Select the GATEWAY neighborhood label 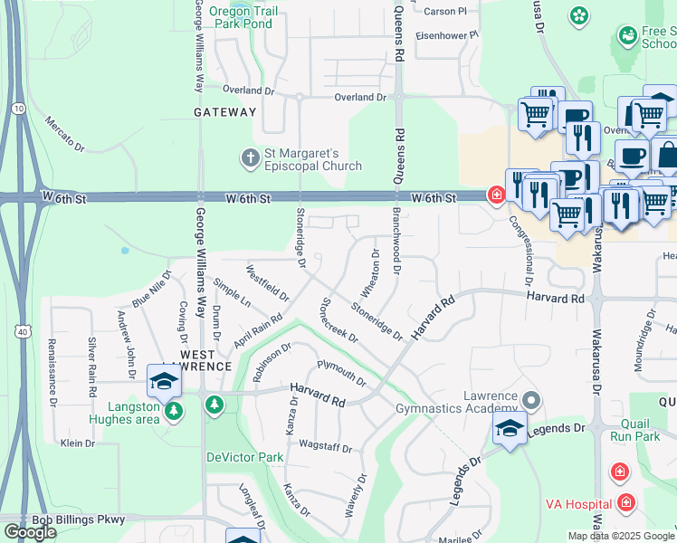pos(225,112)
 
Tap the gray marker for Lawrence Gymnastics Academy pos(530,399)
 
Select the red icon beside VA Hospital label pos(626,502)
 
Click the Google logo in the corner pos(30,532)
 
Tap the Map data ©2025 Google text pos(620,536)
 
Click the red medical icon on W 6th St pos(495,195)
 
